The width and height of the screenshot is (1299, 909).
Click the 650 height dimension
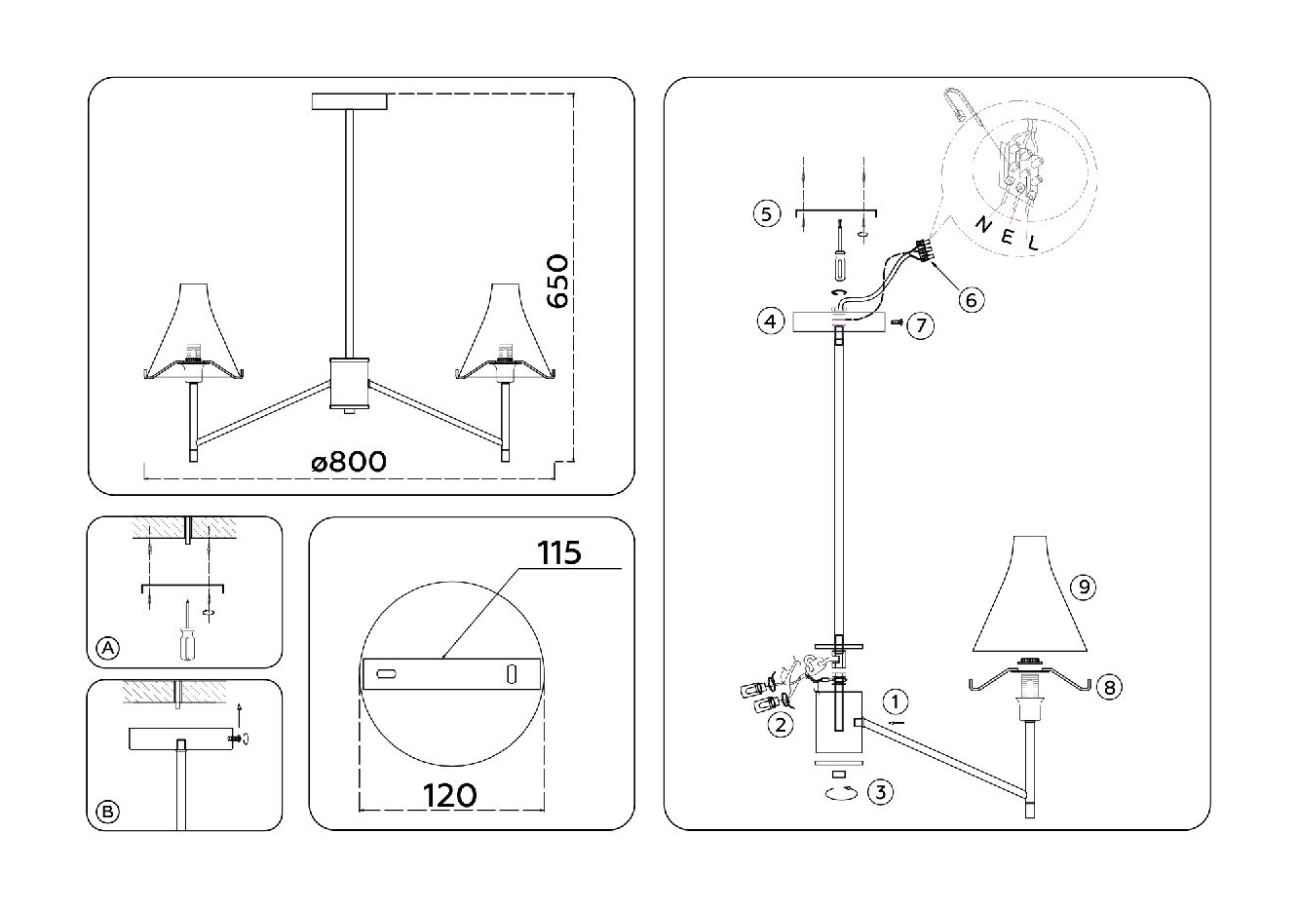click(x=556, y=281)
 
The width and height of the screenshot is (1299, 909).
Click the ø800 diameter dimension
click(x=349, y=461)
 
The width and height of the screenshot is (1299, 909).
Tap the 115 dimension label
click(x=559, y=552)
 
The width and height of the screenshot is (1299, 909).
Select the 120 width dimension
click(x=450, y=795)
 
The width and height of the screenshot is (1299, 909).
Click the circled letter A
click(x=108, y=648)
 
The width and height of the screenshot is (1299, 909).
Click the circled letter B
click(x=108, y=811)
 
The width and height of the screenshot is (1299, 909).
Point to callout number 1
click(x=897, y=701)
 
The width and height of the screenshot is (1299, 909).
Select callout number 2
click(x=779, y=725)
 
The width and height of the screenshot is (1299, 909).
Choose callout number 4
click(x=770, y=320)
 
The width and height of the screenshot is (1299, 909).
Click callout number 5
click(x=768, y=213)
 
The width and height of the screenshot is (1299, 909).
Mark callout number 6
click(x=970, y=299)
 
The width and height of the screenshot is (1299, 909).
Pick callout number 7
click(x=921, y=323)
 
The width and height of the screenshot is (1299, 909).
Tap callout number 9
click(x=1083, y=587)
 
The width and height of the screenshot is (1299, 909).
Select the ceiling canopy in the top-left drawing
click(x=350, y=101)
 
